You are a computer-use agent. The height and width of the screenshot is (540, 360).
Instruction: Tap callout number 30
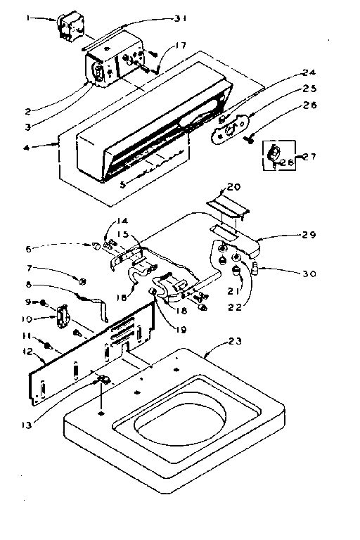[x=310, y=274]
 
